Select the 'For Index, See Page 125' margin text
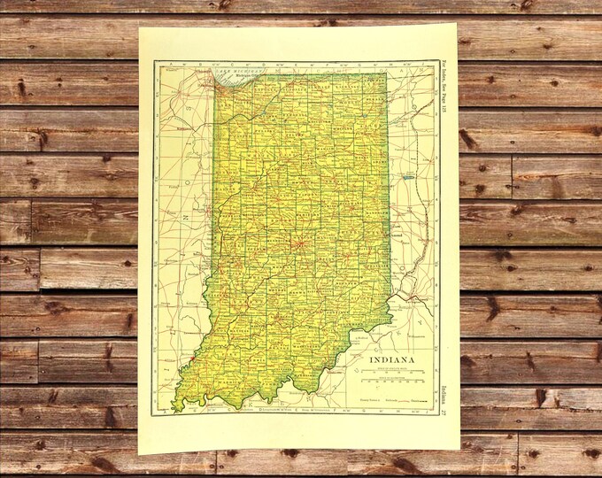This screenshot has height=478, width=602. click(x=444, y=89)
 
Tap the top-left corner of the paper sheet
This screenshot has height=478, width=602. click(x=139, y=26)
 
